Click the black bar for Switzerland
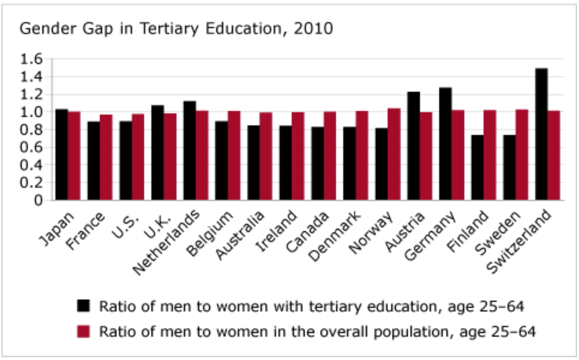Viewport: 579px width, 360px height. (542, 134)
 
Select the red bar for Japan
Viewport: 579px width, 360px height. (74, 156)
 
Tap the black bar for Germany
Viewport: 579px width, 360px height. (445, 144)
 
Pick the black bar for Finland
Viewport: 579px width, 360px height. (477, 168)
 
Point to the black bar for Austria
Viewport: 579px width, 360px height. (414, 146)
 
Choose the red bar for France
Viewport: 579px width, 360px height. (106, 157)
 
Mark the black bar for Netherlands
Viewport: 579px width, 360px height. (189, 151)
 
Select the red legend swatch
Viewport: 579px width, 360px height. (83, 331)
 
